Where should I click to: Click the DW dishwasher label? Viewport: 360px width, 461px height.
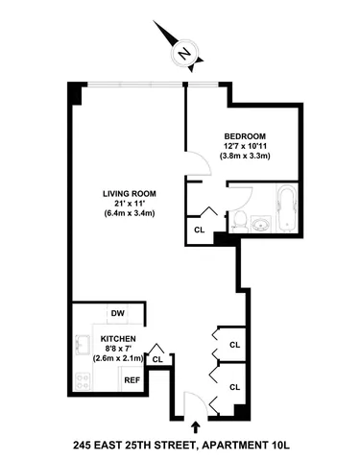pos(118,314)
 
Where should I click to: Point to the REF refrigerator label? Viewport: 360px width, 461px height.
pos(132,380)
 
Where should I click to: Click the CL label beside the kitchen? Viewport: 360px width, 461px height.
pos(157,360)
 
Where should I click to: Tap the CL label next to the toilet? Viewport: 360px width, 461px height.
pos(200,230)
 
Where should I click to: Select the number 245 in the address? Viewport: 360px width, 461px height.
pos(87,445)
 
